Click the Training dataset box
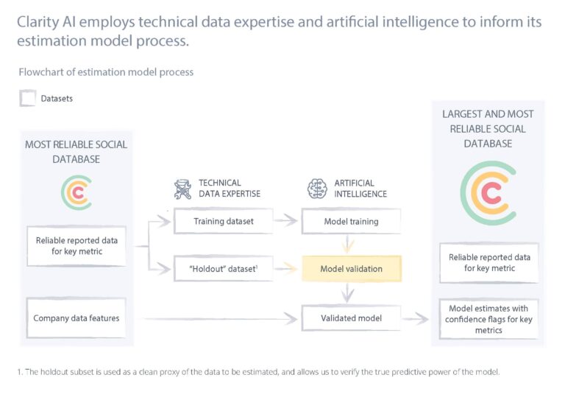(223, 221)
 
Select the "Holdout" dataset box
(223, 269)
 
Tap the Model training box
(352, 221)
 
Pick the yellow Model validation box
(352, 269)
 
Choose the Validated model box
(352, 318)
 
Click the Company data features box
(77, 318)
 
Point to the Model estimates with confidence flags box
(488, 318)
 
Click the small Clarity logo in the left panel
(77, 191)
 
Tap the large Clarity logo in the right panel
(488, 192)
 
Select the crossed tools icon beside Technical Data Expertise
(182, 189)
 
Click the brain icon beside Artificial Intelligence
(316, 189)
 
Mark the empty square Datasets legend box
(28, 98)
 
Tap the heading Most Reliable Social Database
(77, 151)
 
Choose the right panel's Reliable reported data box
(488, 263)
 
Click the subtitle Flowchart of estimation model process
(106, 72)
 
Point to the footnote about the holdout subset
(257, 372)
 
